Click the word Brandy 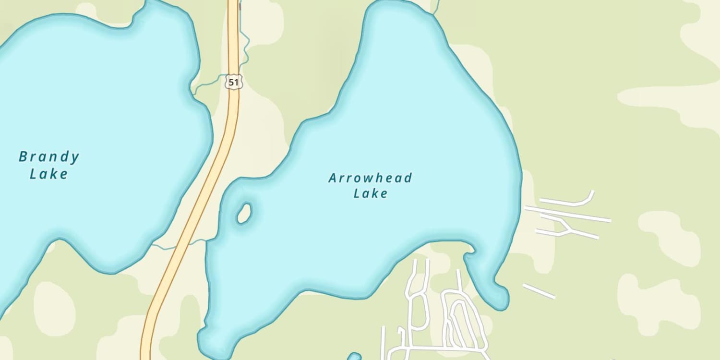pos(48,157)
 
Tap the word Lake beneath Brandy pos(48,174)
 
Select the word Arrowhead pos(370,178)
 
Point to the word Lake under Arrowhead pos(370,193)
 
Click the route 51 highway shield pos(233,82)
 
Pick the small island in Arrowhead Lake pos(244,213)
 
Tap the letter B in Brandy pos(23,156)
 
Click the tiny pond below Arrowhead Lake pos(354,357)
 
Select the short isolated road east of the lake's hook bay pos(539,291)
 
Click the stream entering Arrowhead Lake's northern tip pos(436,7)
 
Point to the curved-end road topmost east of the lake pos(571,202)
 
